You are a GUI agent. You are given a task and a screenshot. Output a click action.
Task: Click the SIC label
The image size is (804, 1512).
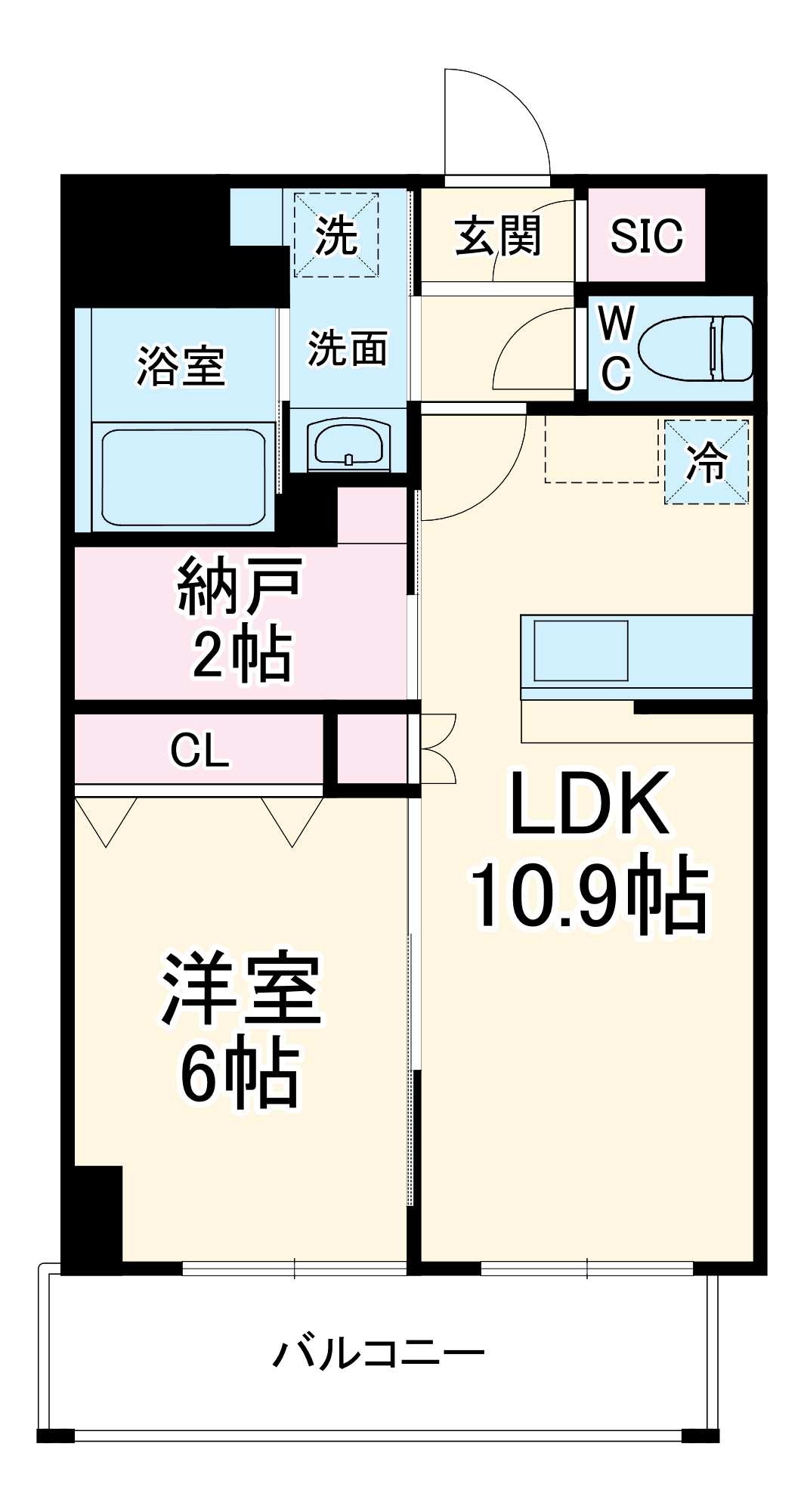tap(646, 236)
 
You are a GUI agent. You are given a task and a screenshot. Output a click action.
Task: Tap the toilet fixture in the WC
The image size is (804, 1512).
tap(696, 349)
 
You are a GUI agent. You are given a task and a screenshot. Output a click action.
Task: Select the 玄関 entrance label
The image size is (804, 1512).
tap(498, 236)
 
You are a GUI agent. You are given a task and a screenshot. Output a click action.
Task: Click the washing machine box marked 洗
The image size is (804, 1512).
tap(336, 235)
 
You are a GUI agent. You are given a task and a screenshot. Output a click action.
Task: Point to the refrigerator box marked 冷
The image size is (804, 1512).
tap(707, 462)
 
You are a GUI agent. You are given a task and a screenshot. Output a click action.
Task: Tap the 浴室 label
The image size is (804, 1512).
tap(181, 366)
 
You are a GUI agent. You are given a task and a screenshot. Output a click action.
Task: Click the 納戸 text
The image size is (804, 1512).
tap(240, 586)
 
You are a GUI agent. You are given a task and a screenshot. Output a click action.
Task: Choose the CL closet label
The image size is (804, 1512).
tap(199, 751)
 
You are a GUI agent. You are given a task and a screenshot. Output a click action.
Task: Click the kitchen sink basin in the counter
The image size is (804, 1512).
tap(580, 651)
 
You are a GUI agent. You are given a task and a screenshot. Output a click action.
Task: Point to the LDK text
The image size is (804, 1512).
tap(589, 804)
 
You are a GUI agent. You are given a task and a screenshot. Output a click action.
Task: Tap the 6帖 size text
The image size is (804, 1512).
tap(240, 1074)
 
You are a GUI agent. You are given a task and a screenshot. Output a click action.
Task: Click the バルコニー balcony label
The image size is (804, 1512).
tap(378, 1354)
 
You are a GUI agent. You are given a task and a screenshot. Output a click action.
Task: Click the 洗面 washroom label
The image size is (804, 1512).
tap(348, 349)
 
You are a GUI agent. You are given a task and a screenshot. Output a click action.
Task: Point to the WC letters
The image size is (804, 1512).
tap(616, 349)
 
